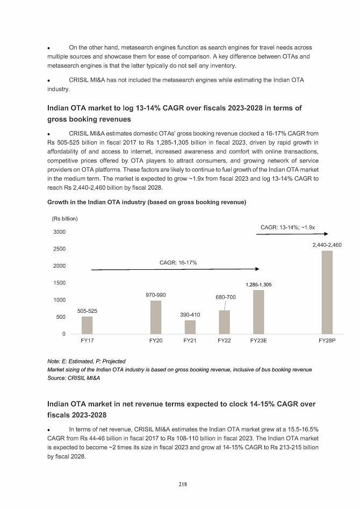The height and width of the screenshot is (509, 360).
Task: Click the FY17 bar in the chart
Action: click(87, 325)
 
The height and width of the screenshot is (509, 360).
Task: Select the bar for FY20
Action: click(156, 317)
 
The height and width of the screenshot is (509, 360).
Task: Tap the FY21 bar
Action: click(190, 327)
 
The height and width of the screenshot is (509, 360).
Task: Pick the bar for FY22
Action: click(224, 322)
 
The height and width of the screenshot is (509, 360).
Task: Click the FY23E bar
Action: click(258, 312)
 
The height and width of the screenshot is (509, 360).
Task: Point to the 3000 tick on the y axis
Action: click(59, 232)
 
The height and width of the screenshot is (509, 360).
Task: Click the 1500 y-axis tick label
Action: click(59, 283)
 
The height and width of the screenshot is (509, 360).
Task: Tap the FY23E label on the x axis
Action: click(258, 341)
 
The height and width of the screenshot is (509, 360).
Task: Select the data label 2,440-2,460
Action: click(327, 245)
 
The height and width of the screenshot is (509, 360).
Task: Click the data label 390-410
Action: click(190, 314)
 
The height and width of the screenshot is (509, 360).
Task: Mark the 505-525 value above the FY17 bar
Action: click(87, 311)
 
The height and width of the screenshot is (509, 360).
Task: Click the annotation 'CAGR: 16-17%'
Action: click(178, 262)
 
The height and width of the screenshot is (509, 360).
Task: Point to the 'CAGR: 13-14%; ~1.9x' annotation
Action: click(288, 227)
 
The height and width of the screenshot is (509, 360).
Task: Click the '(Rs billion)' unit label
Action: click(65, 219)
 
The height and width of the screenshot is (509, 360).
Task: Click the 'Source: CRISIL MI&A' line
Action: click(74, 378)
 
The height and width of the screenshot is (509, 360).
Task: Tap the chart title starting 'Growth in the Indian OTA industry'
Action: click(147, 202)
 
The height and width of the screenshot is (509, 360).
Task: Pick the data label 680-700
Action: click(225, 297)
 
